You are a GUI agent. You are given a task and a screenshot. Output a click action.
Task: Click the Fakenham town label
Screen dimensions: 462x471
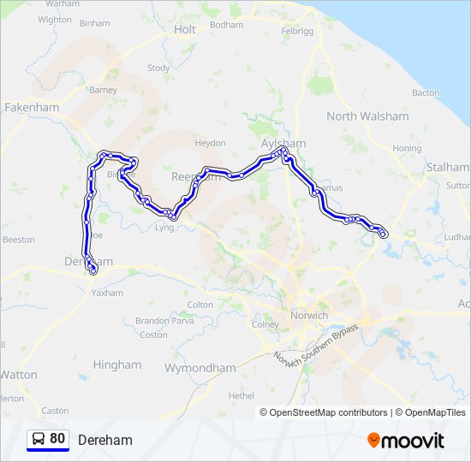(x=32, y=108)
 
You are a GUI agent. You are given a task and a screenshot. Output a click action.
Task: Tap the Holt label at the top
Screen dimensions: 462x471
(x=185, y=29)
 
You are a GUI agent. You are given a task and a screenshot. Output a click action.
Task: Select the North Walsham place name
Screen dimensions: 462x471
(x=367, y=116)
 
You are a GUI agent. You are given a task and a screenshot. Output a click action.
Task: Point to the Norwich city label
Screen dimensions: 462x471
(x=309, y=316)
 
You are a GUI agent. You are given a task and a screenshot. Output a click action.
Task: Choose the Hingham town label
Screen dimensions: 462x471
(x=117, y=364)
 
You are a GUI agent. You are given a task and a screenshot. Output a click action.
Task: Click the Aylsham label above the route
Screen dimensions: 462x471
(x=283, y=143)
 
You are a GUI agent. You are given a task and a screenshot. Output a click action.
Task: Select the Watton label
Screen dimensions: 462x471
(x=19, y=375)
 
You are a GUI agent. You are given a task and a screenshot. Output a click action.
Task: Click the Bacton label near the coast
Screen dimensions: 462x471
(x=426, y=92)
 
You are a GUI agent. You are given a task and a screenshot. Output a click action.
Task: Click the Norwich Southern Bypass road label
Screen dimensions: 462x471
(x=315, y=344)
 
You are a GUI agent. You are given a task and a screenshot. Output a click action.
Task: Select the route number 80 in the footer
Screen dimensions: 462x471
(x=57, y=439)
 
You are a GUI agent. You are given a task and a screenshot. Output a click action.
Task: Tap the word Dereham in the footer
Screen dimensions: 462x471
(x=105, y=440)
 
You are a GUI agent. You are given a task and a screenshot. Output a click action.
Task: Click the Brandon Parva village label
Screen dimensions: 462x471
(x=154, y=321)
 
